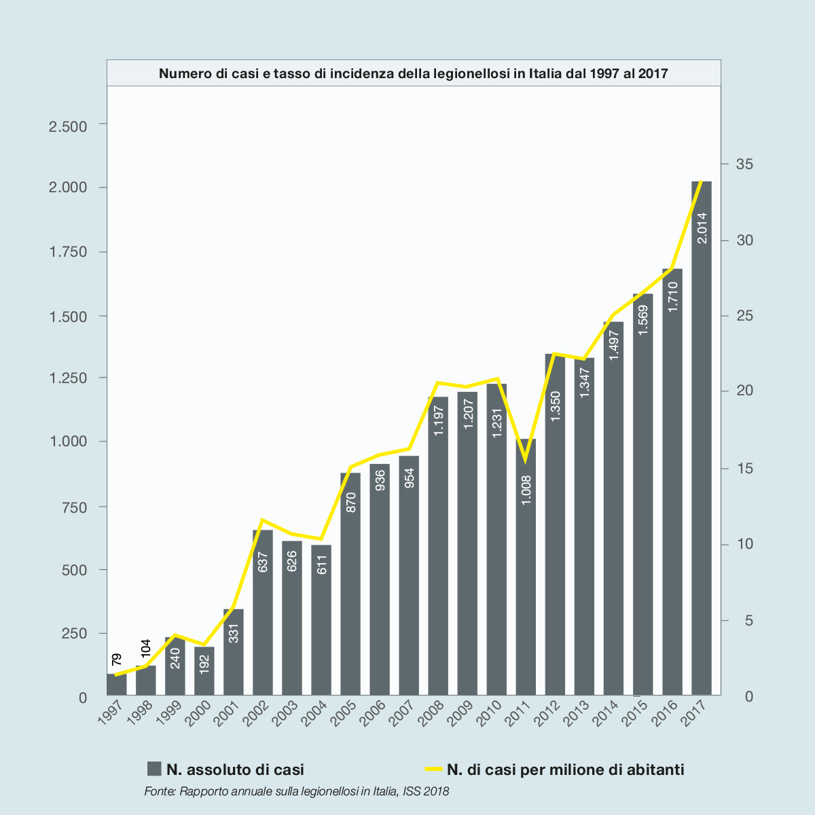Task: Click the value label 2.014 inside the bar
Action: point(702,228)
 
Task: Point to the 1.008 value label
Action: point(526,490)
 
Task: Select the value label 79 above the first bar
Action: point(117,659)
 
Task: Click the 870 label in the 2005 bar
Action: point(351,502)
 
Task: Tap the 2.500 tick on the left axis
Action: point(68,127)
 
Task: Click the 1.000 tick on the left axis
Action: point(68,441)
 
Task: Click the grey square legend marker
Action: point(154,769)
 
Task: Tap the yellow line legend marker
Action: point(433,769)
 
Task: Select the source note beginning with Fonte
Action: point(297,791)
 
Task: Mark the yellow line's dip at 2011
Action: point(524,460)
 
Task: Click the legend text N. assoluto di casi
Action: point(235,769)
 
